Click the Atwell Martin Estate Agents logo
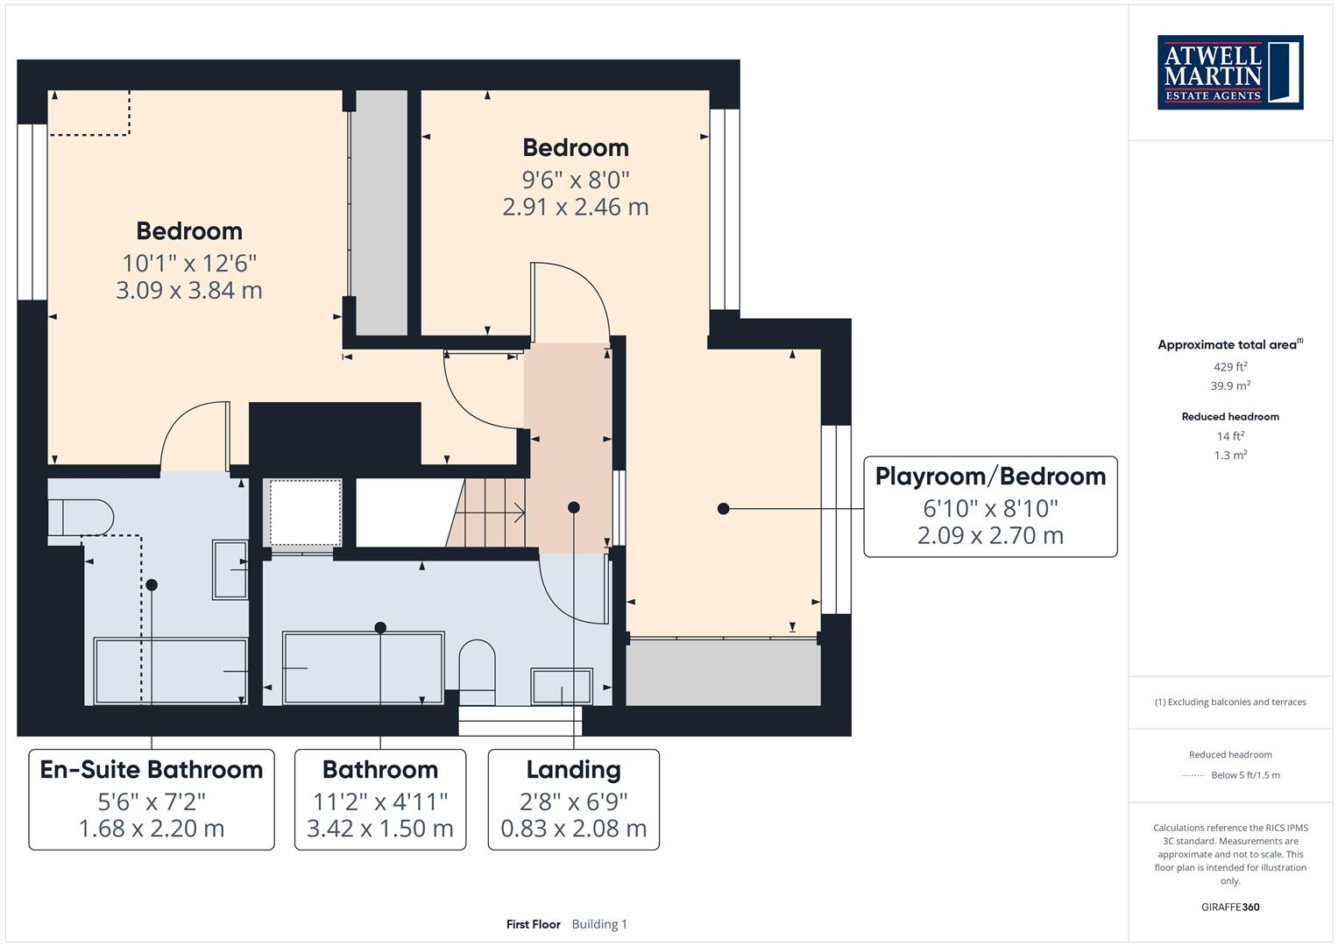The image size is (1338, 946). tap(1229, 73)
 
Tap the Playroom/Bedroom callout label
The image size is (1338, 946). tap(990, 506)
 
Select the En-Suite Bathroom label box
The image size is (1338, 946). tap(152, 799)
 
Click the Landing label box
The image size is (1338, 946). tap(573, 799)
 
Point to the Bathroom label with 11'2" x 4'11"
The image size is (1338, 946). tap(380, 799)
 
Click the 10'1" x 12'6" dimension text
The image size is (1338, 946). tap(189, 263)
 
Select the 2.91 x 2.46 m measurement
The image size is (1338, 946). tap(575, 208)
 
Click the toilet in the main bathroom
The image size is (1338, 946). tap(478, 671)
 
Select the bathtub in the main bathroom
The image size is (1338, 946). tap(363, 667)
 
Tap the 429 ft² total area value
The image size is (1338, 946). tap(1229, 367)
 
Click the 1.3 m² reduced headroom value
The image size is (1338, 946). tap(1229, 455)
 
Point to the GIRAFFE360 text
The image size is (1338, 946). tap(1229, 907)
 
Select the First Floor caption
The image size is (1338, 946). tap(533, 924)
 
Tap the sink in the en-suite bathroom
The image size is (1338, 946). tap(230, 569)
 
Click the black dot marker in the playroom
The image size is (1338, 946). tap(723, 508)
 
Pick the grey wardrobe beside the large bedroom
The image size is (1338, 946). tap(379, 210)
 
